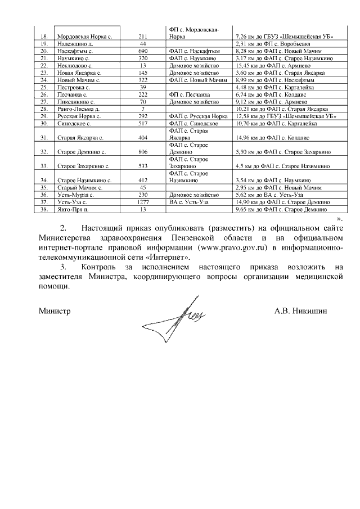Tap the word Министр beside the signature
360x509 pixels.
(55, 310)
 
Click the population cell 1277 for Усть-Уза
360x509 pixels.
(142, 202)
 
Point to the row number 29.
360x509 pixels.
(44, 116)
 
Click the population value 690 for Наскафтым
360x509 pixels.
(142, 51)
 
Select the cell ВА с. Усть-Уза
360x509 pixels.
(188, 202)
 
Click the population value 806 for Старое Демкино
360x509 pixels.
(142, 152)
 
